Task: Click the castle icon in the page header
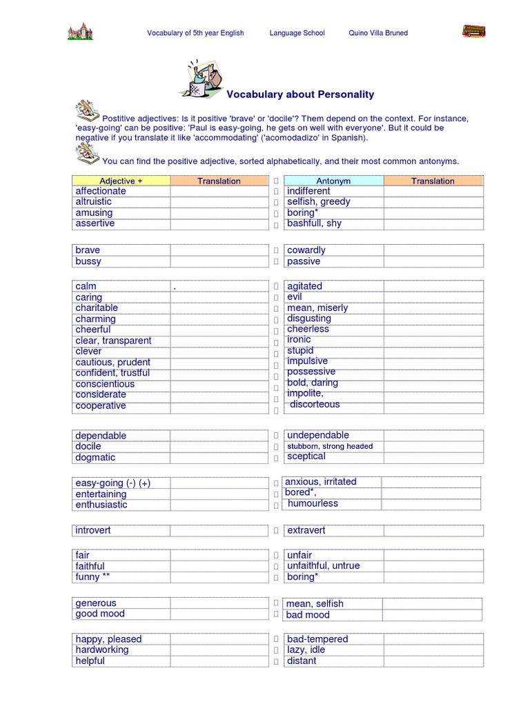(80, 31)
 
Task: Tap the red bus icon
(473, 31)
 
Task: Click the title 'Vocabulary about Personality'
(300, 94)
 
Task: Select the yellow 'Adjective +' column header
(121, 181)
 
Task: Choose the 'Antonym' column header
(333, 181)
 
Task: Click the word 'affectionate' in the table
(101, 191)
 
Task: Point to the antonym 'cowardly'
(306, 250)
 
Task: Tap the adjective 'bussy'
(88, 261)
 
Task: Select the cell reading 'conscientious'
(105, 384)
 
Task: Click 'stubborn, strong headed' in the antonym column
(329, 446)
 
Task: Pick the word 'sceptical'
(306, 456)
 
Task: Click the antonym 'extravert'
(306, 530)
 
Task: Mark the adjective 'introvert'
(93, 530)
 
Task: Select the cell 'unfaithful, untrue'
(323, 565)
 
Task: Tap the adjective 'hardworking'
(102, 649)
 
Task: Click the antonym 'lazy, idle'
(306, 649)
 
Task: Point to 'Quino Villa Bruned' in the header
(378, 33)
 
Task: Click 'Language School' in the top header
(297, 33)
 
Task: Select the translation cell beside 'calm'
(219, 286)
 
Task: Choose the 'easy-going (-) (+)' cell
(112, 483)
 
